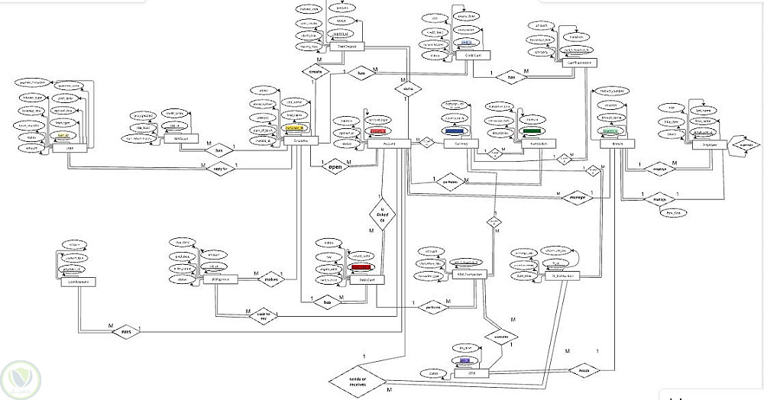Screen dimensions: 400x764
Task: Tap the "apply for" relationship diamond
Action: click(221, 169)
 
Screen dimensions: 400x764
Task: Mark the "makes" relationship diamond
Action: click(273, 280)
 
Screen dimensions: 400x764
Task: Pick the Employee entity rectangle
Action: click(707, 143)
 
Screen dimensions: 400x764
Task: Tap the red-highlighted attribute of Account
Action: click(377, 131)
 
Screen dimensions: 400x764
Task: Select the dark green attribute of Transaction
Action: click(532, 131)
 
